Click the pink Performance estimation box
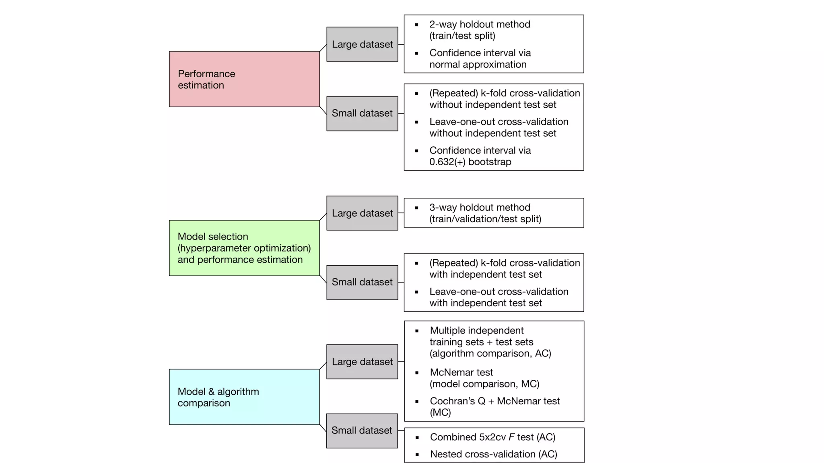244,79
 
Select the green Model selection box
244,248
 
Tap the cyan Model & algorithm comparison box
244,397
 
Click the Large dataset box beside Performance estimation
362,44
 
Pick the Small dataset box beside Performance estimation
362,113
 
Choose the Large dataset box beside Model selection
362,213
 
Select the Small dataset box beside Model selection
362,282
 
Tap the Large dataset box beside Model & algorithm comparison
362,362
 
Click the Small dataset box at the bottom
362,430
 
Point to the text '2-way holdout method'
480,25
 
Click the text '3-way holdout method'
480,207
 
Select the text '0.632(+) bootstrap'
470,162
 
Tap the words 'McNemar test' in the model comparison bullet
461,373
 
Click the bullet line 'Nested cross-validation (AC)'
493,454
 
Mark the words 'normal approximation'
478,65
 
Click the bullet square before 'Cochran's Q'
417,402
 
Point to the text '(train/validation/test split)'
485,219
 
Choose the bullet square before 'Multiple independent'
417,331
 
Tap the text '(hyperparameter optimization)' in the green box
244,248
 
